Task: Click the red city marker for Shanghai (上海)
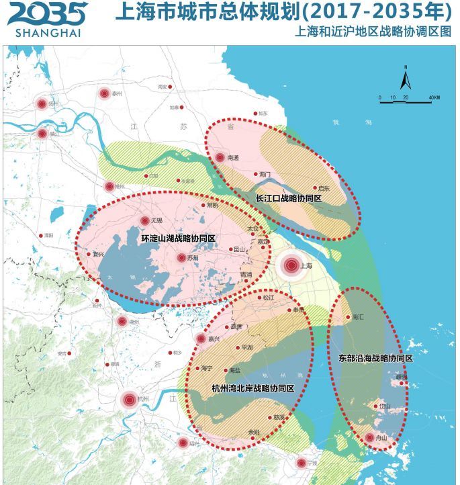[291, 266]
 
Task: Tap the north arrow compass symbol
[406, 79]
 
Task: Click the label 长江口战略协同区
[289, 200]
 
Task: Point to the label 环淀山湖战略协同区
[179, 238]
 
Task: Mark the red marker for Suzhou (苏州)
[181, 258]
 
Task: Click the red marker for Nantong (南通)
[220, 158]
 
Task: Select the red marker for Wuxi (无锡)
[144, 220]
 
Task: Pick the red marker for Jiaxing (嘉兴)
[200, 339]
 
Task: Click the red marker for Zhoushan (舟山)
[369, 438]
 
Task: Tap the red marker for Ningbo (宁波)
[302, 463]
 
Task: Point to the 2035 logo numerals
[46, 13]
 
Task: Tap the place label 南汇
[357, 317]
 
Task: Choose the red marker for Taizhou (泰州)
[104, 94]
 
